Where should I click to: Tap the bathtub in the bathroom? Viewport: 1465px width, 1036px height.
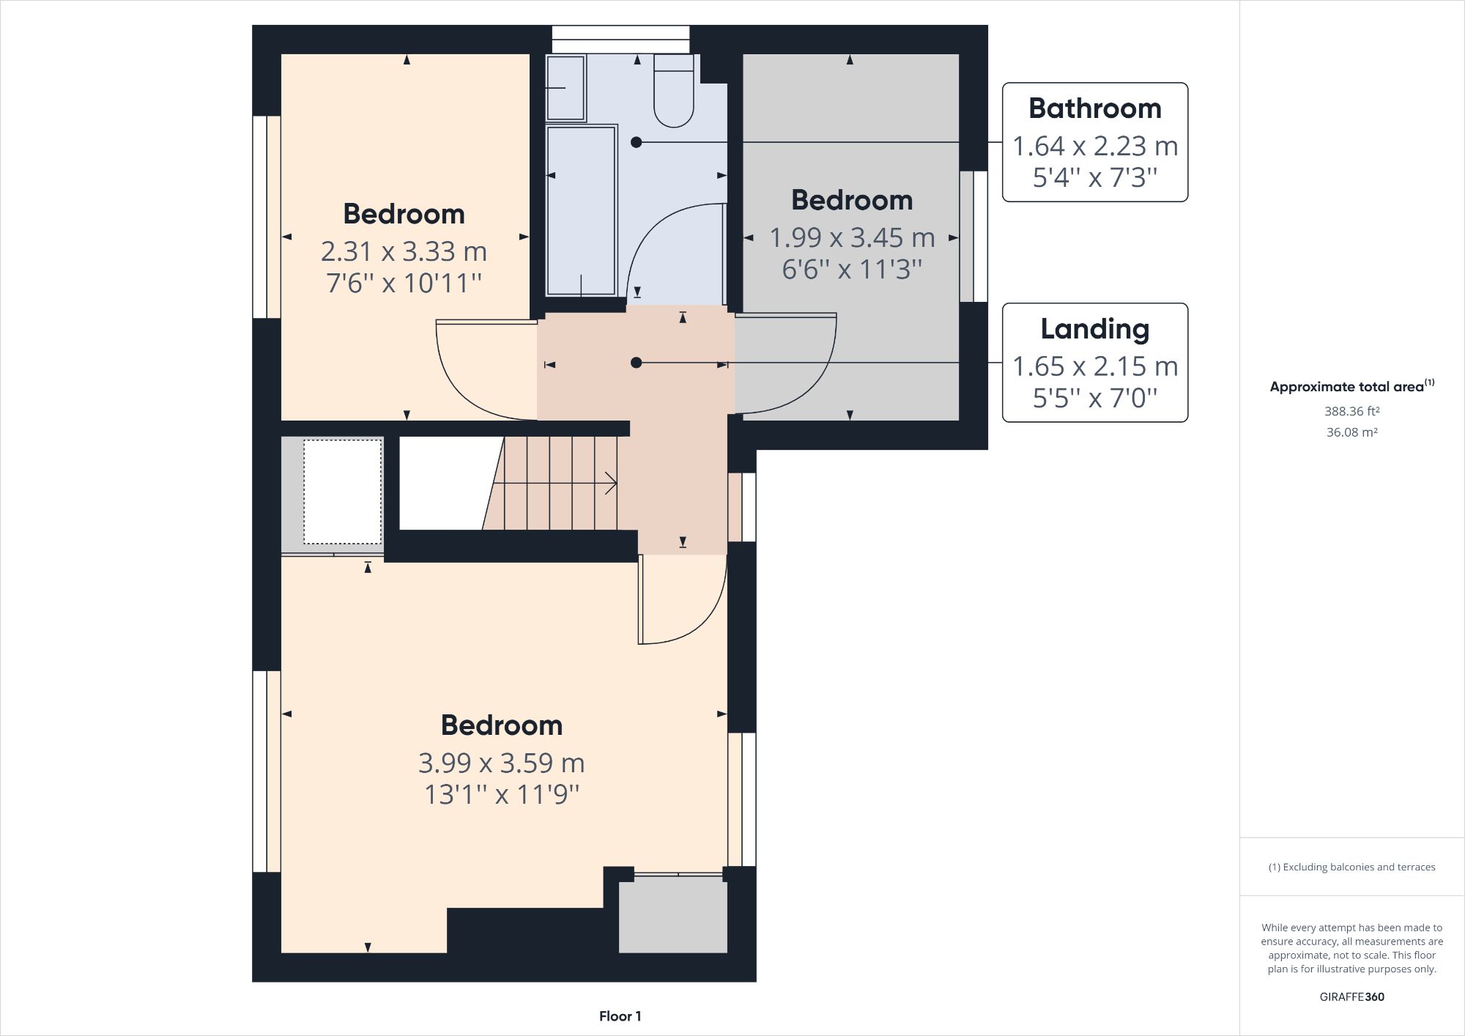tap(582, 211)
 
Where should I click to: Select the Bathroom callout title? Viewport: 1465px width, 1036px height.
tap(1094, 108)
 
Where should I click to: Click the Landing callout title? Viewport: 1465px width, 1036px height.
tap(1094, 329)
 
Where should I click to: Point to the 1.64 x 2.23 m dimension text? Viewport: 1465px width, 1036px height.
tap(1094, 147)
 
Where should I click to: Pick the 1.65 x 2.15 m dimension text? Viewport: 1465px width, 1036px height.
tap(1094, 366)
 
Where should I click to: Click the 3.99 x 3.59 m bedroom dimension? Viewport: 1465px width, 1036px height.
tap(501, 763)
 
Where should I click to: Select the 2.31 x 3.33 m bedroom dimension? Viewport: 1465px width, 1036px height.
tap(404, 252)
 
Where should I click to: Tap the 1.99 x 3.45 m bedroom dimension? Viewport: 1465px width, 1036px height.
tap(852, 238)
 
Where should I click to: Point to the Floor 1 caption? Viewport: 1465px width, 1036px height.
tap(620, 1016)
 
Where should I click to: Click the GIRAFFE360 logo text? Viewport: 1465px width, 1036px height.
tap(1351, 996)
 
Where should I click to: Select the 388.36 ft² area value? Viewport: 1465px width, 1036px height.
tap(1351, 411)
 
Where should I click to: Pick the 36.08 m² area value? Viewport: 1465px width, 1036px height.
tap(1351, 432)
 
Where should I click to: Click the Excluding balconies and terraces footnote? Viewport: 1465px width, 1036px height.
tap(1351, 867)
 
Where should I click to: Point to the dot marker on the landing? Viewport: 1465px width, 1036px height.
tap(636, 363)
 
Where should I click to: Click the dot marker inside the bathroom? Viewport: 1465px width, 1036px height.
tap(636, 142)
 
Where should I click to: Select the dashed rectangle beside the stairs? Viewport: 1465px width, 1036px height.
tap(343, 491)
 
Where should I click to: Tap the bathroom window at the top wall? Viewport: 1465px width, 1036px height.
tap(620, 39)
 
